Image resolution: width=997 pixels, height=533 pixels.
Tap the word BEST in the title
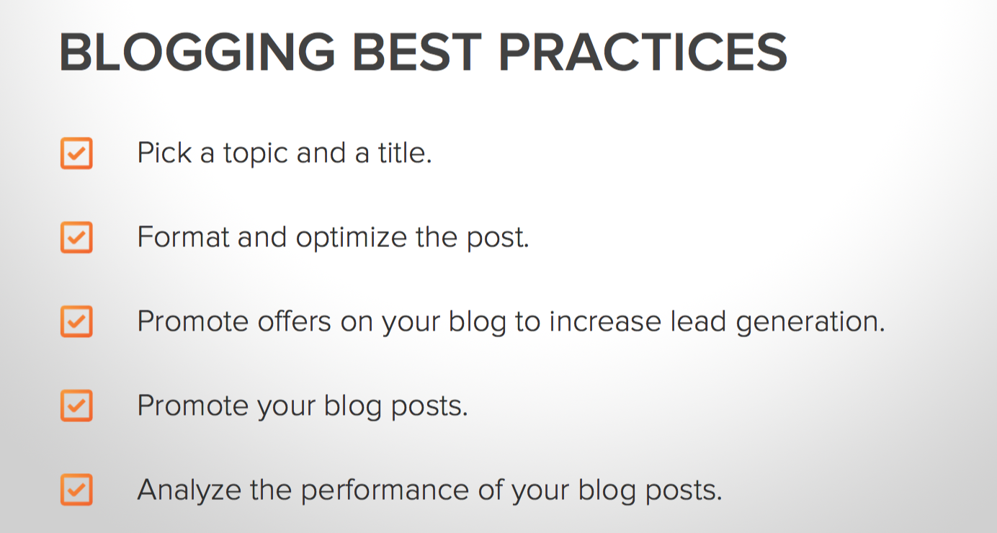point(417,52)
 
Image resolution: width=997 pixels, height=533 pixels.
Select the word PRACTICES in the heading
point(643,52)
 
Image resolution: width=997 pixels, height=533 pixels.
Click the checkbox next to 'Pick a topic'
point(76,153)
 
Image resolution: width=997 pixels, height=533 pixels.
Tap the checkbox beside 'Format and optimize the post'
point(76,238)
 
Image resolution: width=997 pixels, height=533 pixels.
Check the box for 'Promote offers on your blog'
point(76,322)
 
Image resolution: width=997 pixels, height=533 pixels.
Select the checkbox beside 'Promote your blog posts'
point(76,406)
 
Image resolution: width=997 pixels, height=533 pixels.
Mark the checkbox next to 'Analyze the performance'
point(76,490)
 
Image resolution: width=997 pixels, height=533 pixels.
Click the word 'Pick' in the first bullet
point(165,153)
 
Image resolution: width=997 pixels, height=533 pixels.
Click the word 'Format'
point(184,237)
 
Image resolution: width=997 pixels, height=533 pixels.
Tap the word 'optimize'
point(351,238)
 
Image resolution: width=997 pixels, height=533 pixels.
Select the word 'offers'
point(294,321)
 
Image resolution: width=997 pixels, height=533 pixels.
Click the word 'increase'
point(605,321)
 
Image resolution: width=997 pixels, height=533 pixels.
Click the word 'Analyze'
point(189,491)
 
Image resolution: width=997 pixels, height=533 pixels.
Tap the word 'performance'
point(385,491)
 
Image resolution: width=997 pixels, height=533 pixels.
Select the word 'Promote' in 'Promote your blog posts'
point(193,406)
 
